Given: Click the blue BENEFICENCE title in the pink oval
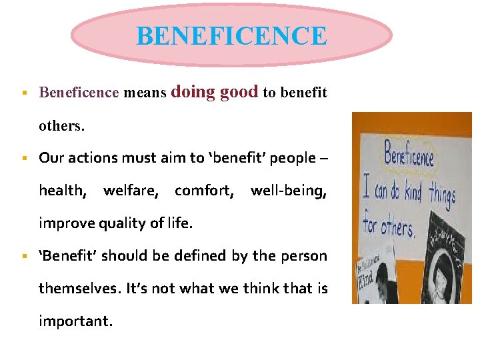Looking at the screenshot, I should [x=231, y=36].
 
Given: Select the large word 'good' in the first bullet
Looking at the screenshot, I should [x=239, y=92].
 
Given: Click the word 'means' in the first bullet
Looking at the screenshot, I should [x=145, y=93].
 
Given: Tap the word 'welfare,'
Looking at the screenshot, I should [x=131, y=191].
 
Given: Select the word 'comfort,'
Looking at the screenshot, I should [x=204, y=191].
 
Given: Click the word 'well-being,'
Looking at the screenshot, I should [x=289, y=191].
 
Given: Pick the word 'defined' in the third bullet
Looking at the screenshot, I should [x=199, y=256].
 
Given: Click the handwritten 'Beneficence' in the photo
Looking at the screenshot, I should [x=409, y=157].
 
